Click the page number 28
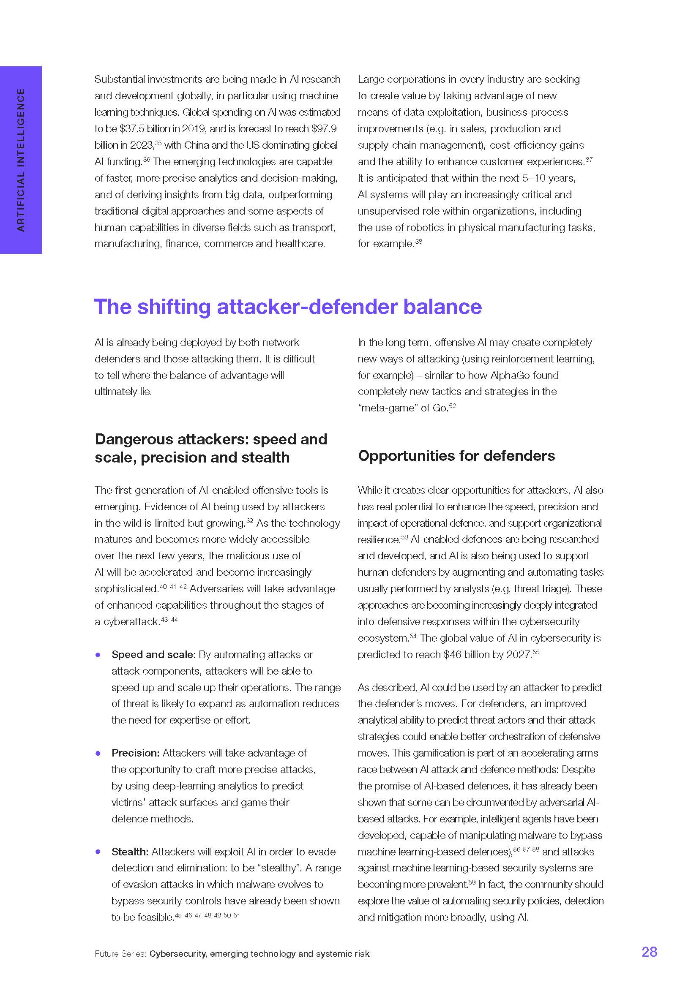click(x=649, y=951)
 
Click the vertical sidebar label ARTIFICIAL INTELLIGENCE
click(x=21, y=160)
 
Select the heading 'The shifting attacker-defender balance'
click(x=287, y=307)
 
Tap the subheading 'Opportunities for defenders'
click(x=456, y=456)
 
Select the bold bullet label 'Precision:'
click(x=136, y=753)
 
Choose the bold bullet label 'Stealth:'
click(x=130, y=852)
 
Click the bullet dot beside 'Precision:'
click(x=98, y=754)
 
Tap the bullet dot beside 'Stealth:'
click(x=98, y=852)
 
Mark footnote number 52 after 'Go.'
click(x=452, y=406)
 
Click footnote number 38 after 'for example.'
click(x=418, y=242)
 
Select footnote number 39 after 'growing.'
click(x=250, y=521)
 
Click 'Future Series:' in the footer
click(x=120, y=954)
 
